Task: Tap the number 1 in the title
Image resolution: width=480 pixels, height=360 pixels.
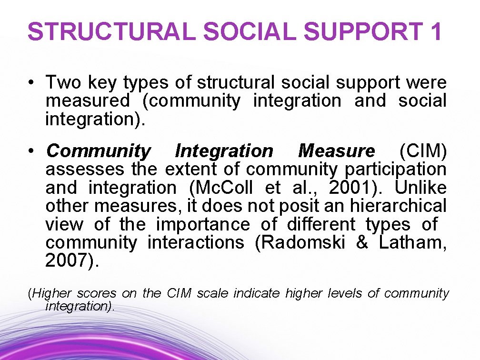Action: click(x=436, y=31)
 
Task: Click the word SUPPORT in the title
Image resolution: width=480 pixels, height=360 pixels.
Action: click(x=363, y=31)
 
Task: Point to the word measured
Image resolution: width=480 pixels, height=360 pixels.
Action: click(x=87, y=101)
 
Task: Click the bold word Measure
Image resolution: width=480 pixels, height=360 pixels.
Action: click(x=336, y=151)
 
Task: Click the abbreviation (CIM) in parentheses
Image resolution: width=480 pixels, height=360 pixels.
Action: click(x=423, y=151)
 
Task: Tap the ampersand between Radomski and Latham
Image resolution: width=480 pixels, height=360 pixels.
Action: click(x=362, y=243)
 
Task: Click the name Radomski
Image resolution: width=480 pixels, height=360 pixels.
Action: click(x=300, y=243)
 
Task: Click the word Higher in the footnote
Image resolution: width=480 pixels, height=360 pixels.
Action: click(x=51, y=293)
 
